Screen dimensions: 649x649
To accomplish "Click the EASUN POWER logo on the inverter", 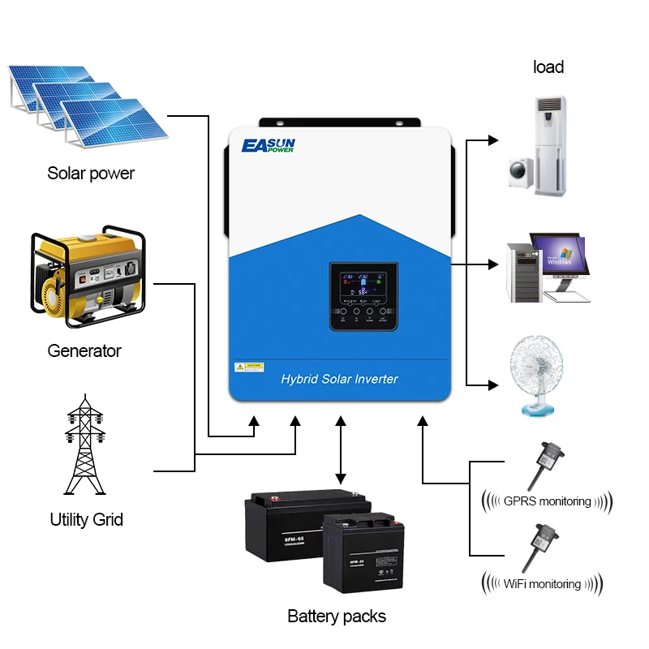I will pyautogui.click(x=269, y=146).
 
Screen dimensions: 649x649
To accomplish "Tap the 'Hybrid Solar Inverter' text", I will pyautogui.click(x=339, y=379).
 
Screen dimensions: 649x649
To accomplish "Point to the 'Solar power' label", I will pyautogui.click(x=91, y=173).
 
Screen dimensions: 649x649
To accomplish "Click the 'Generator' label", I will pyautogui.click(x=84, y=350).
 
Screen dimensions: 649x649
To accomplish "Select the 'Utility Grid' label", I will pyautogui.click(x=87, y=519).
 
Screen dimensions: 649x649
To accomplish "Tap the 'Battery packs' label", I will pyautogui.click(x=337, y=616).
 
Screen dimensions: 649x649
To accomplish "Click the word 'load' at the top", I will pyautogui.click(x=548, y=67).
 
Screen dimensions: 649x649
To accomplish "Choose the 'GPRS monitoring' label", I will pyautogui.click(x=547, y=501).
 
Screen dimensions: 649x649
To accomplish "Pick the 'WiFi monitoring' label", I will pyautogui.click(x=542, y=583).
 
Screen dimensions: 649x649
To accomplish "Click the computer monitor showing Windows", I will pyautogui.click(x=558, y=256).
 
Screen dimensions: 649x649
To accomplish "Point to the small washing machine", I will pyautogui.click(x=519, y=173).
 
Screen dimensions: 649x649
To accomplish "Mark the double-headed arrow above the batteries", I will pyautogui.click(x=341, y=451).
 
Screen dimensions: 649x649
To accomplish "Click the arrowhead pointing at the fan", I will pyautogui.click(x=492, y=384).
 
